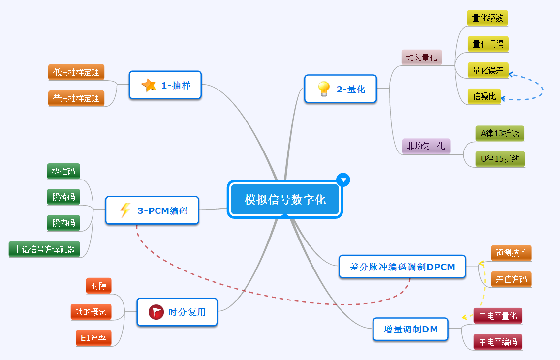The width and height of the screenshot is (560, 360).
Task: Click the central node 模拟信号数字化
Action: click(x=284, y=200)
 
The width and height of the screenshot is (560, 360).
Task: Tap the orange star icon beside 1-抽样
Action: click(x=149, y=85)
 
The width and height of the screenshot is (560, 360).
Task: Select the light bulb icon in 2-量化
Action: click(x=323, y=89)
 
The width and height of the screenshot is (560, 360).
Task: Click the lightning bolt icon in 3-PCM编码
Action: click(x=125, y=210)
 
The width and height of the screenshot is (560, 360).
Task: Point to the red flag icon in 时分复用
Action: click(x=156, y=312)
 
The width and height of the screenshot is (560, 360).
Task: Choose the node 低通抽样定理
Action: click(x=76, y=72)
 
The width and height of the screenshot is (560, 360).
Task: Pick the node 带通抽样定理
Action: click(x=76, y=98)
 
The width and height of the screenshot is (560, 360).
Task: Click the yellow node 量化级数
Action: click(x=488, y=18)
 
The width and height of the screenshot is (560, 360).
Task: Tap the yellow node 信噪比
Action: click(x=484, y=96)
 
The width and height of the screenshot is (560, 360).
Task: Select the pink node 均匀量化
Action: click(x=422, y=58)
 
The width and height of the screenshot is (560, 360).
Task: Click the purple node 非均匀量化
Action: click(x=426, y=146)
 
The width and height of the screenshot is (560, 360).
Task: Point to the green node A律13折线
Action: click(x=500, y=133)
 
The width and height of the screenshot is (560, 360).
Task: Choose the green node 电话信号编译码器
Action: click(x=45, y=249)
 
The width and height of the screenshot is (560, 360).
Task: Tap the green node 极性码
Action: click(x=63, y=171)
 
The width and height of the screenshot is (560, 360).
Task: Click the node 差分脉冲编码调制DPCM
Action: click(x=402, y=267)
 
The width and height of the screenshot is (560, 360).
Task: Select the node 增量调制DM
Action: click(x=410, y=330)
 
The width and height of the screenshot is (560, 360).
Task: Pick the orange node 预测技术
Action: click(x=511, y=253)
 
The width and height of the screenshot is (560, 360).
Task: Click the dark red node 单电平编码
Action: click(x=498, y=342)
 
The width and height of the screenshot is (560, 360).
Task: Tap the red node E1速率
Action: click(x=93, y=338)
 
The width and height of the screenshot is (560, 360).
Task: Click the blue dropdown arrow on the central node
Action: click(x=343, y=180)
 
